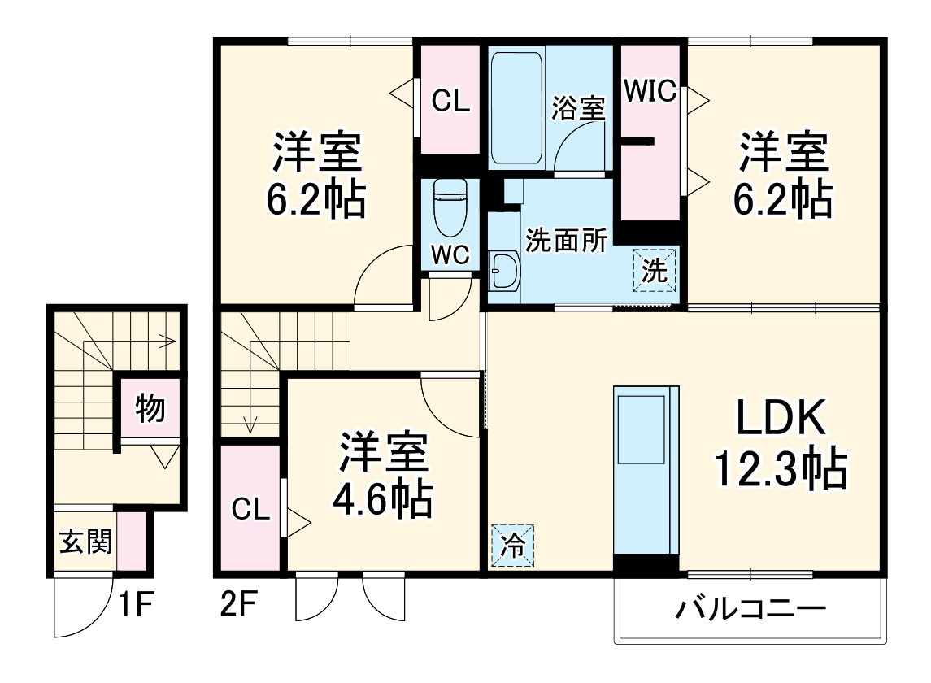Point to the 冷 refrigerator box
pyautogui.click(x=513, y=543)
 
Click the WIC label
pyautogui.click(x=650, y=91)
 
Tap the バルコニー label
pyautogui.click(x=750, y=608)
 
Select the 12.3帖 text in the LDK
pyautogui.click(x=780, y=469)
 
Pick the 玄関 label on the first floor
pyautogui.click(x=85, y=541)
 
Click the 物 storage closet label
pyautogui.click(x=150, y=408)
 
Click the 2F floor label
pyautogui.click(x=238, y=606)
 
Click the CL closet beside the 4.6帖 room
pyautogui.click(x=250, y=510)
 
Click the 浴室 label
pyautogui.click(x=579, y=107)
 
